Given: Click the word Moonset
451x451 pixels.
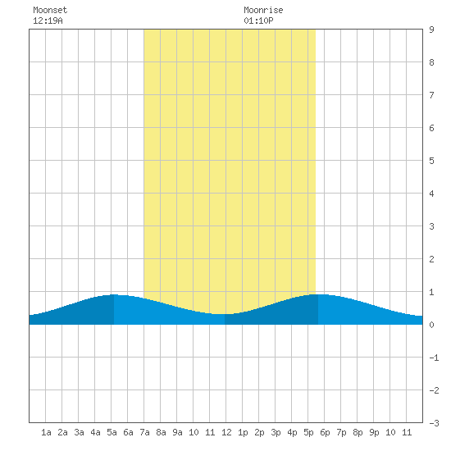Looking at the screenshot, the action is [x=50, y=10].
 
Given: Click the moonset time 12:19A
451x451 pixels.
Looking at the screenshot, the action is [x=48, y=20].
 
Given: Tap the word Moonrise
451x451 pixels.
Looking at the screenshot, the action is [x=263, y=10].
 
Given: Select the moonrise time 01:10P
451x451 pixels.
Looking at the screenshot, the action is [x=258, y=20].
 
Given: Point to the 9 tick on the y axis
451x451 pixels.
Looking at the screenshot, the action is [x=431, y=30].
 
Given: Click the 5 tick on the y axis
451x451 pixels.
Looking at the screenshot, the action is [x=431, y=161].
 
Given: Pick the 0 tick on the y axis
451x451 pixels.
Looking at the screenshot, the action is [x=431, y=325].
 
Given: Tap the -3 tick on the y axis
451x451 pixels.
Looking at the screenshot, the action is [x=434, y=423].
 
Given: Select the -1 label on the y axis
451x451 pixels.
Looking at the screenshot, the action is [x=434, y=358].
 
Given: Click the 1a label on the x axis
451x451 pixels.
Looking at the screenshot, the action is [x=46, y=432].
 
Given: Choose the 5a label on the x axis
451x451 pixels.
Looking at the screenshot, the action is [x=112, y=432].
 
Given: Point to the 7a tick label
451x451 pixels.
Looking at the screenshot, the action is [x=144, y=432].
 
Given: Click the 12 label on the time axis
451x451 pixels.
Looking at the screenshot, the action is [x=226, y=432].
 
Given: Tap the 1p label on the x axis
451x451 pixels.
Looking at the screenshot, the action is [x=243, y=432].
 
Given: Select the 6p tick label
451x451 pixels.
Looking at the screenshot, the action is [x=325, y=432].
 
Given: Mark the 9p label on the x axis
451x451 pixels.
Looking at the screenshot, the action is [x=374, y=432].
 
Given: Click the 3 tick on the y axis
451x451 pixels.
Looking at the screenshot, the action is [x=431, y=226].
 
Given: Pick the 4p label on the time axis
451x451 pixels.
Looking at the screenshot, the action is [x=292, y=432].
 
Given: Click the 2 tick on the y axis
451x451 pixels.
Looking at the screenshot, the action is [x=431, y=259].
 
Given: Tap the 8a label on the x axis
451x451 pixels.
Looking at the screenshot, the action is [x=161, y=432].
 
